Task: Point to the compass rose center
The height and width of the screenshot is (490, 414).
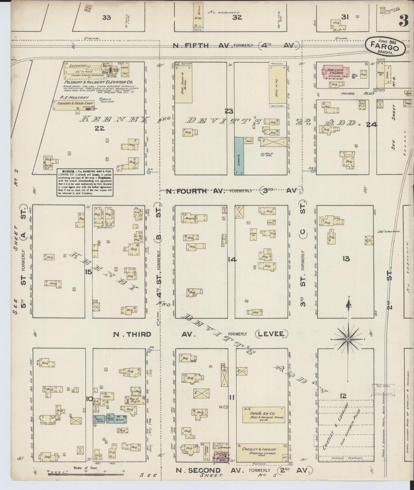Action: coord(348,339)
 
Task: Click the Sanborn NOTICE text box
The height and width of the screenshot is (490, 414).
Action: coord(85,182)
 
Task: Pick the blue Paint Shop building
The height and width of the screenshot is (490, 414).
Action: coord(99,419)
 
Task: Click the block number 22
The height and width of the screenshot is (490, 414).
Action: coord(100,128)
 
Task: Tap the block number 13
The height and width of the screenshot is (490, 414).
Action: coord(346,259)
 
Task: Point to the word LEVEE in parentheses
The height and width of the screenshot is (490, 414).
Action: coord(271,334)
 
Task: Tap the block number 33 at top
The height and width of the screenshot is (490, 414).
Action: coord(107,18)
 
